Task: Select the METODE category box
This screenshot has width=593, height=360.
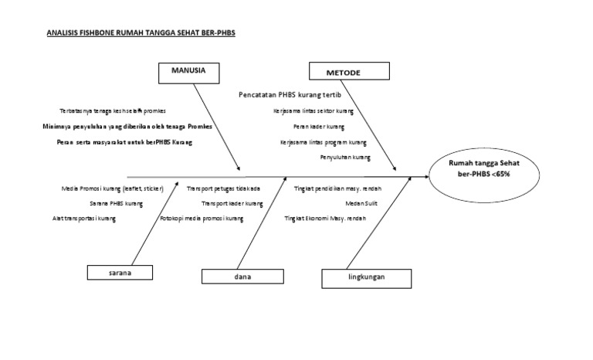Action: [347, 73]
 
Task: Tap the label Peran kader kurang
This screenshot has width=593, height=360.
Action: [319, 127]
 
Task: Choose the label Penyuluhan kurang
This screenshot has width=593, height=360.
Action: [345, 158]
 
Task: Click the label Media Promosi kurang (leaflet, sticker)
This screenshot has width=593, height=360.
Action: [112, 188]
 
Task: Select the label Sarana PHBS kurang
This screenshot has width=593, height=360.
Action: [116, 204]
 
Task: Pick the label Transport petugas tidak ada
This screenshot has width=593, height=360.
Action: [223, 188]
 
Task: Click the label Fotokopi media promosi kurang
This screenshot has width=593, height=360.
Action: [202, 219]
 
